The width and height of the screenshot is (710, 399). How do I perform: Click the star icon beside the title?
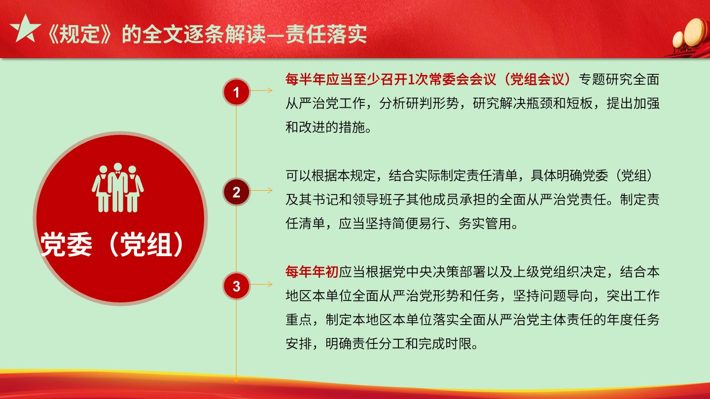click(x=25, y=29)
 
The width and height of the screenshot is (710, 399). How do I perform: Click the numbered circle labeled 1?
click(x=236, y=92)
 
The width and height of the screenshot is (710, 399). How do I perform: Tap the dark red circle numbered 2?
click(x=236, y=192)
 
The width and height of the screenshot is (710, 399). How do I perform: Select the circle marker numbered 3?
click(x=236, y=286)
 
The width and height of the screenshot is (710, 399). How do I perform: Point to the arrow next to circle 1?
click(x=261, y=91)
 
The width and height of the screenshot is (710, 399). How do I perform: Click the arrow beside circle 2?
click(x=261, y=190)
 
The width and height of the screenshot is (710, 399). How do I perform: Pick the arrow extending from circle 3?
click(x=261, y=284)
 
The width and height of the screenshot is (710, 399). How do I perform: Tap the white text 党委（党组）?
click(x=111, y=244)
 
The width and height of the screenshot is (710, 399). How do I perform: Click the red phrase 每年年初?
click(x=312, y=272)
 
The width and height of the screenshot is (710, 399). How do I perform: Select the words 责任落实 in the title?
click(x=326, y=34)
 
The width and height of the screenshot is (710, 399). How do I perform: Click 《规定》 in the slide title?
click(x=80, y=34)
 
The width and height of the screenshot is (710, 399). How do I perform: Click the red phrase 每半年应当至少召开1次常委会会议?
click(x=390, y=79)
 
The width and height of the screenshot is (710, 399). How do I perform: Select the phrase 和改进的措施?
click(x=325, y=127)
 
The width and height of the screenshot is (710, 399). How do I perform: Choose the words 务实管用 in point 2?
click(x=485, y=224)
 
